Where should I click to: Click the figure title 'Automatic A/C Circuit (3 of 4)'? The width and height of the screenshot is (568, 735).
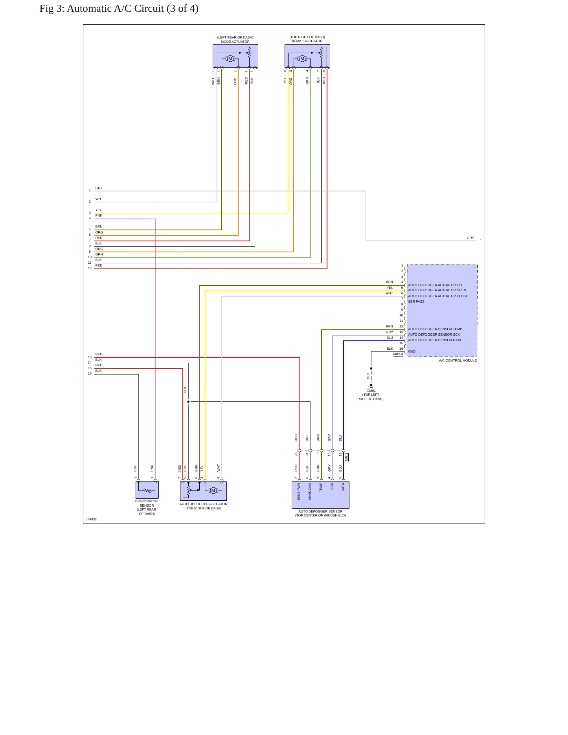pyautogui.click(x=132, y=9)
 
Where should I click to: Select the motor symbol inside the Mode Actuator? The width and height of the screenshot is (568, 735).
pyautogui.click(x=230, y=59)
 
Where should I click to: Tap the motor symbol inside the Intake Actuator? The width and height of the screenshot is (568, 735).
pyautogui.click(x=302, y=59)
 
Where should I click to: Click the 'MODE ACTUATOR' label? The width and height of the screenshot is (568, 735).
pyautogui.click(x=235, y=42)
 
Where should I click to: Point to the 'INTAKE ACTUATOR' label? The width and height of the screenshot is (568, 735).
pyautogui.click(x=307, y=41)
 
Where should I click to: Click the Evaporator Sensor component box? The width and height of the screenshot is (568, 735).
pyautogui.click(x=147, y=490)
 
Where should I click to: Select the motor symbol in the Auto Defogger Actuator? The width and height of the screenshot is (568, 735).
pyautogui.click(x=213, y=491)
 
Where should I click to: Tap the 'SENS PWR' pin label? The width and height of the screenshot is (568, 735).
pyautogui.click(x=299, y=492)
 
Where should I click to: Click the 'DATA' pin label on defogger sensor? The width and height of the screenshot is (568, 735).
pyautogui.click(x=343, y=487)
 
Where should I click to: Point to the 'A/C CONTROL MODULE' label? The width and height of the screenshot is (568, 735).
pyautogui.click(x=458, y=360)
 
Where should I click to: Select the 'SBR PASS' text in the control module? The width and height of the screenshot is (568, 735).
pyautogui.click(x=416, y=301)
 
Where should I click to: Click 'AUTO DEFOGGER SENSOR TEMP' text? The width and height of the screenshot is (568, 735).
pyautogui.click(x=435, y=329)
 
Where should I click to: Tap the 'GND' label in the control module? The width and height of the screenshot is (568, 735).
pyautogui.click(x=412, y=351)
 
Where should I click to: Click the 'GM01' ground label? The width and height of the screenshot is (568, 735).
pyautogui.click(x=371, y=391)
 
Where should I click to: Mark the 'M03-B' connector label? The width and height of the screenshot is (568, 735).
pyautogui.click(x=398, y=355)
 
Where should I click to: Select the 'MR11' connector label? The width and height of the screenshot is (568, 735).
pyautogui.click(x=347, y=457)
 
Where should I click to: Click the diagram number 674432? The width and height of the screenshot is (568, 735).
pyautogui.click(x=91, y=519)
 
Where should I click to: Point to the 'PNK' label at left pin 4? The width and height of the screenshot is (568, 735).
pyautogui.click(x=99, y=215)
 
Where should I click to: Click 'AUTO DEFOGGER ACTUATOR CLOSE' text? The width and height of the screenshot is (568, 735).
pyautogui.click(x=438, y=296)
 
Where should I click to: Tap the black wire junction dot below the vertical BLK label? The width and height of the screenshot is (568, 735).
pyautogui.click(x=188, y=402)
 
